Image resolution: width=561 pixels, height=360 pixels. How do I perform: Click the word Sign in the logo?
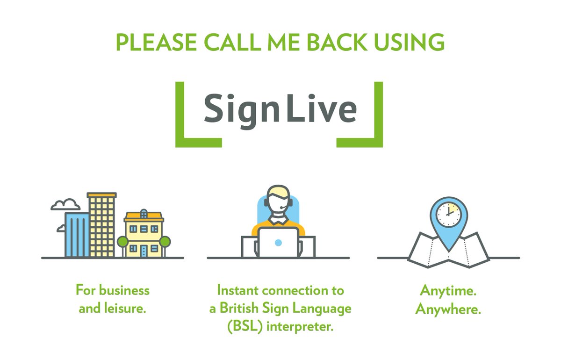point(239,110)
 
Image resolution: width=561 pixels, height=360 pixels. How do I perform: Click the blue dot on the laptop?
point(278,243)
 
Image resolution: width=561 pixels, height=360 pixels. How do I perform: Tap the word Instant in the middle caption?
point(238,290)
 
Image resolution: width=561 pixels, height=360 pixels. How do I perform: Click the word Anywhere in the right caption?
point(448,309)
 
